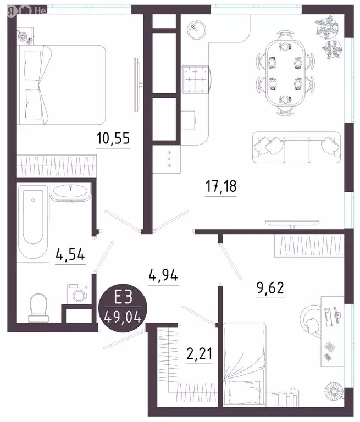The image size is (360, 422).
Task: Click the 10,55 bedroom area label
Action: click(113, 138)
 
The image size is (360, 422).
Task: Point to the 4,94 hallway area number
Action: click(164, 275)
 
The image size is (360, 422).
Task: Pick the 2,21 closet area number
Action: click(198, 352)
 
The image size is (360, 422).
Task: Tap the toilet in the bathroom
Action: click(38, 305)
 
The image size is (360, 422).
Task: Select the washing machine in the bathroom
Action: click(77, 293)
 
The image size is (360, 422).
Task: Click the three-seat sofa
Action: click(295, 147)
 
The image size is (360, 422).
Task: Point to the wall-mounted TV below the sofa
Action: click(292, 222)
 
